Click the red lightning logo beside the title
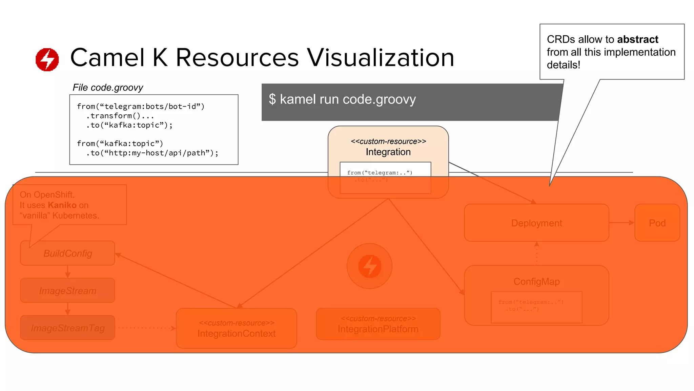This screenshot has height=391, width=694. coord(47,60)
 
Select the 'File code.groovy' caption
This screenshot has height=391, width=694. coord(108,88)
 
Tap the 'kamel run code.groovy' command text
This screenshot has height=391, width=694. coord(347,99)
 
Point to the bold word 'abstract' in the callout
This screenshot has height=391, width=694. coord(637,39)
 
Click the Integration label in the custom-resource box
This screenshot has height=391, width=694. coord(388,152)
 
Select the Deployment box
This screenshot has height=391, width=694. coord(536,223)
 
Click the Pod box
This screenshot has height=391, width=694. coord(657,223)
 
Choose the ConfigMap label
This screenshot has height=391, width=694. coord(536,282)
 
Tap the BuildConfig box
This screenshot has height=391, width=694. coord(68,254)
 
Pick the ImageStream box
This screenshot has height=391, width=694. coord(68,291)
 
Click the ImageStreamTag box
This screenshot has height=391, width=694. coord(68,328)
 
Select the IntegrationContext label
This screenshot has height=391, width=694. coord(237,334)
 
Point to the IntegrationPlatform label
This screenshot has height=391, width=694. coord(378,329)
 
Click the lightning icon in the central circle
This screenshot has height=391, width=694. coord(370,266)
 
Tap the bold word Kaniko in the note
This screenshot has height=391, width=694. coord(62,205)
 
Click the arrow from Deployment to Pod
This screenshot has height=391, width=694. coord(621,223)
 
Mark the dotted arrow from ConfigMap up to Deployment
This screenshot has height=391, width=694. coord(536,253)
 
